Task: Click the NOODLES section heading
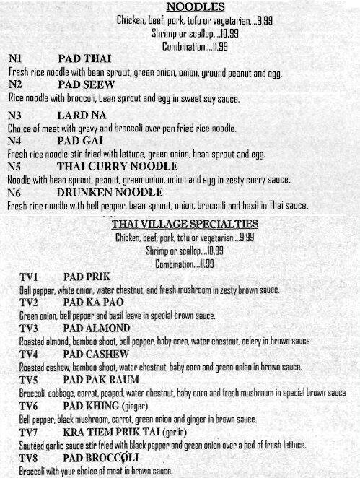pos(185,7)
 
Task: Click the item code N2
pos(17,84)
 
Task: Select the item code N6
pos(17,193)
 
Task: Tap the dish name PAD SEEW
pos(84,84)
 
